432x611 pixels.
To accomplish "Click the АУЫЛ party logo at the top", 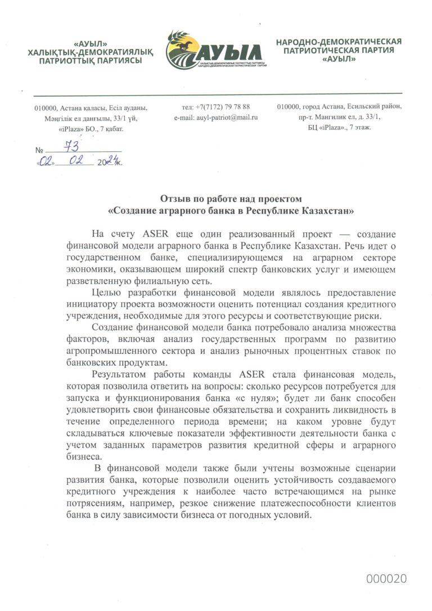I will point(216,50).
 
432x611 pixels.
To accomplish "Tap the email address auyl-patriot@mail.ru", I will point(216,118).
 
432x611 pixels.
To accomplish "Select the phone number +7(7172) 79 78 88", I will point(216,106).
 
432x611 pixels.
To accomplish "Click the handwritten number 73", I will point(71,146).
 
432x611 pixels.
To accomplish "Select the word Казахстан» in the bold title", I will point(328,211).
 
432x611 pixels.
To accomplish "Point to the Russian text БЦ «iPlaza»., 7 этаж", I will point(339,128).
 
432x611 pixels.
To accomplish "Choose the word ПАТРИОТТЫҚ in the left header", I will point(62,61).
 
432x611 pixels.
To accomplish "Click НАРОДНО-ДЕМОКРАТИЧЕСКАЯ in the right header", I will point(339,42).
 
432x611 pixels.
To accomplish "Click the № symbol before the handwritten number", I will point(39,151).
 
